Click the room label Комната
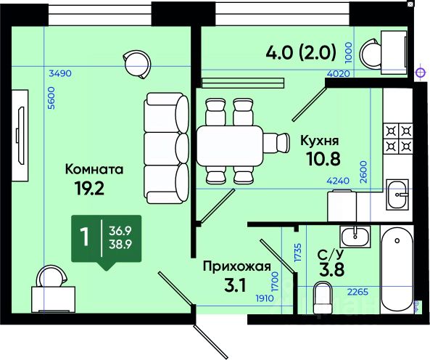(x=94, y=169)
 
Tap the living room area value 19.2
(x=89, y=188)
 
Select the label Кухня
(x=320, y=140)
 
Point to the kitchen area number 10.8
(x=323, y=159)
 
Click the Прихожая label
(x=237, y=266)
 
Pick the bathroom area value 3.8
(x=331, y=270)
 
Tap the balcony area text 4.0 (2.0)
(x=301, y=52)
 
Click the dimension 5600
(x=51, y=98)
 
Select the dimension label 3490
(x=60, y=73)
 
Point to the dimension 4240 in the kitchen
(x=338, y=181)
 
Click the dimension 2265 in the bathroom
(x=358, y=292)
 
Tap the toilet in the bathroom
(x=323, y=298)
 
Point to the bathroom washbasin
(x=355, y=237)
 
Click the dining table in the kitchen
(x=230, y=146)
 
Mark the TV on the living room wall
(x=20, y=136)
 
